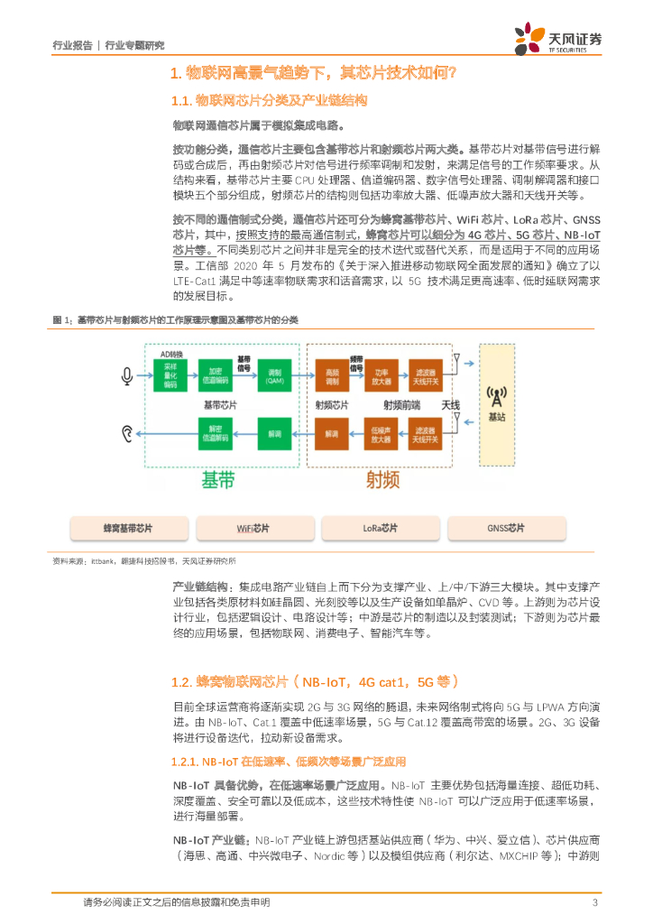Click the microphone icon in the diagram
click(128, 376)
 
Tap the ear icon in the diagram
click(128, 433)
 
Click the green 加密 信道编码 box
click(215, 376)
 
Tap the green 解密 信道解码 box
click(215, 433)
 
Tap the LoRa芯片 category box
click(379, 528)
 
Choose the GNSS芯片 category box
click(505, 528)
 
